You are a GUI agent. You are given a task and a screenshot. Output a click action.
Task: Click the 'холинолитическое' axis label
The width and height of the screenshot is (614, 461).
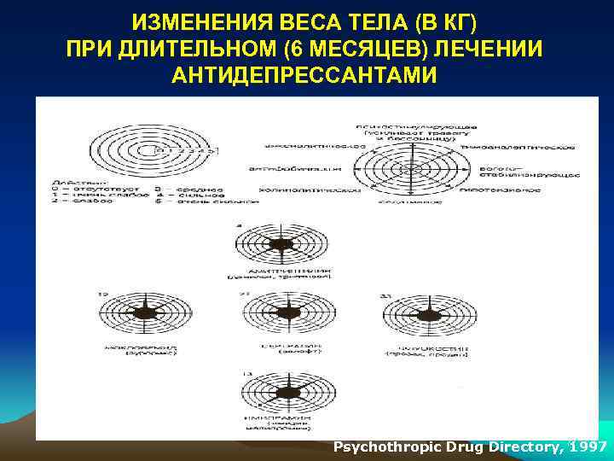tap(292, 190)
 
